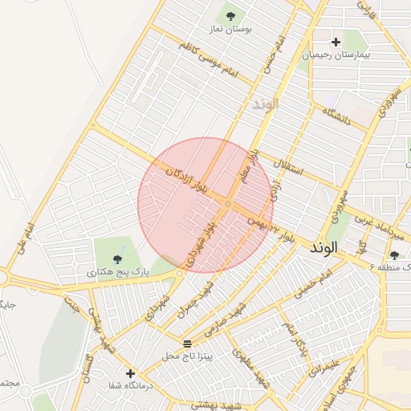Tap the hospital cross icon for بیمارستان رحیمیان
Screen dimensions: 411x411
pyautogui.click(x=336, y=42)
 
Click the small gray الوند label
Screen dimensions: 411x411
pyautogui.click(x=264, y=105)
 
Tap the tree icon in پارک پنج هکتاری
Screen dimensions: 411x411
pyautogui.click(x=118, y=258)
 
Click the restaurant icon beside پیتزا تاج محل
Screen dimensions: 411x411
pyautogui.click(x=187, y=344)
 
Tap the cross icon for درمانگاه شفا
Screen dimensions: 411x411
pyautogui.click(x=130, y=373)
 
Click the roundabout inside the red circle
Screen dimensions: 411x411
pyautogui.click(x=228, y=205)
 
